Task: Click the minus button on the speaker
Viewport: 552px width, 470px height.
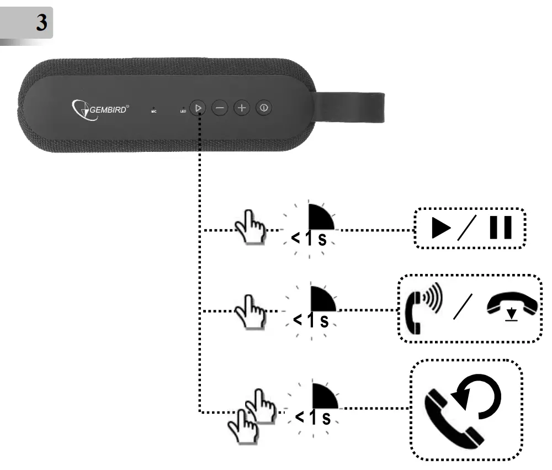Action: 220,108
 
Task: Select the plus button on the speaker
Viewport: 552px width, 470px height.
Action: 241,108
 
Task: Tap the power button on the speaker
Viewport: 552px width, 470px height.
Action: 264,108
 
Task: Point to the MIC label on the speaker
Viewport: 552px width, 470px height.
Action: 154,110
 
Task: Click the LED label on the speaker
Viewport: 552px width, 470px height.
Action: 183,110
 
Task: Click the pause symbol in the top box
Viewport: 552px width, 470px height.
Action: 500,228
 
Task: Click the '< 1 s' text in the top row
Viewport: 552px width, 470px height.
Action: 311,240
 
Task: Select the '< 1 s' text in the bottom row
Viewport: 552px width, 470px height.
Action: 313,418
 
